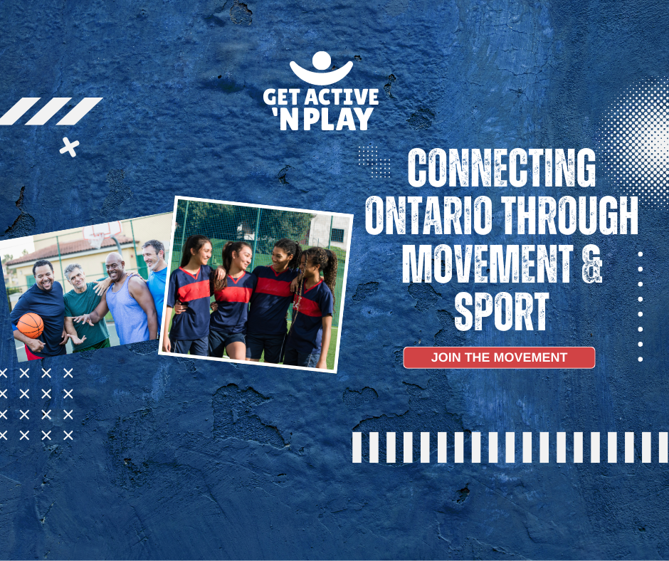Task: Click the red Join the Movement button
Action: point(499,357)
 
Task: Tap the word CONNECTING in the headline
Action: point(501,167)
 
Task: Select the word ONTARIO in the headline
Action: point(428,215)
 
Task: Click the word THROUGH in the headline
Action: point(569,215)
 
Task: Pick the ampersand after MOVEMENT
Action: point(591,264)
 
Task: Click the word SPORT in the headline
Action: point(501,312)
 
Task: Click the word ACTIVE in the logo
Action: point(342,97)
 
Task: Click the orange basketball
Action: point(31,325)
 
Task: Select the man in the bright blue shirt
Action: point(156,282)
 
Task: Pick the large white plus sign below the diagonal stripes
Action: point(69,147)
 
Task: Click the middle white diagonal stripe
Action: point(48,111)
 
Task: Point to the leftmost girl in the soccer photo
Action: point(191,295)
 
